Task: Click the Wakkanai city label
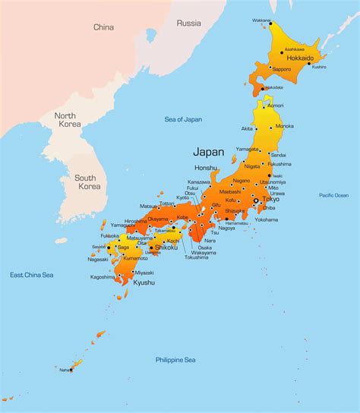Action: [262, 20]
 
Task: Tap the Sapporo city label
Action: [282, 68]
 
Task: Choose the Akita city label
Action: [247, 129]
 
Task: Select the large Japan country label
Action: [209, 151]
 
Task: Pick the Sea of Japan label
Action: [183, 119]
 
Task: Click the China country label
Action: [103, 27]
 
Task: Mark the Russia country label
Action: [188, 23]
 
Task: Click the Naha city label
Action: [64, 370]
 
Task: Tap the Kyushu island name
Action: [144, 282]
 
